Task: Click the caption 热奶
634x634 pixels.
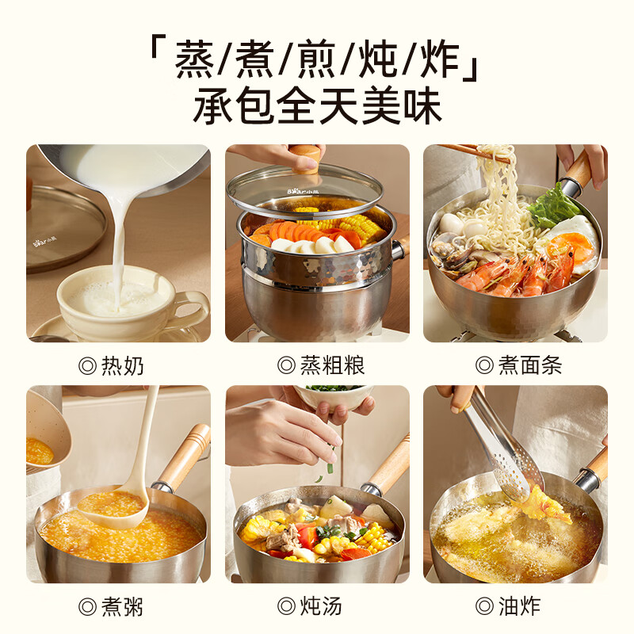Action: (112, 365)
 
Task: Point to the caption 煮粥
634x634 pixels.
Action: (112, 608)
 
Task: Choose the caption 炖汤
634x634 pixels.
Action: (310, 608)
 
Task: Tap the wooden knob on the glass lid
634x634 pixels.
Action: (305, 156)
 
